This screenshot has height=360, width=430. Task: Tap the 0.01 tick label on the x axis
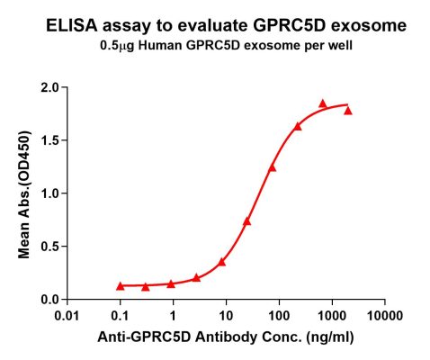click(67, 316)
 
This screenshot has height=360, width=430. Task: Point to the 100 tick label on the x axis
click(279, 316)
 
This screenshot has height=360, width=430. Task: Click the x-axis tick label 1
click(173, 316)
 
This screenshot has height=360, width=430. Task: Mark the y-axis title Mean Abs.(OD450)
click(24, 193)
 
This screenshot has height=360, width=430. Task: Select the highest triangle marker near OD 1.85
click(323, 104)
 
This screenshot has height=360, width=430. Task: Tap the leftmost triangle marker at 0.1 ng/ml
click(121, 286)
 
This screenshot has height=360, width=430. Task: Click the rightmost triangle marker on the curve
click(348, 111)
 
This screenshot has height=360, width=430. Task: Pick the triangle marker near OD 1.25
click(273, 167)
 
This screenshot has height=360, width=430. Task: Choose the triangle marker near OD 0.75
click(247, 221)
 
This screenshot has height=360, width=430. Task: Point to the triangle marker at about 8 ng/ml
click(222, 262)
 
